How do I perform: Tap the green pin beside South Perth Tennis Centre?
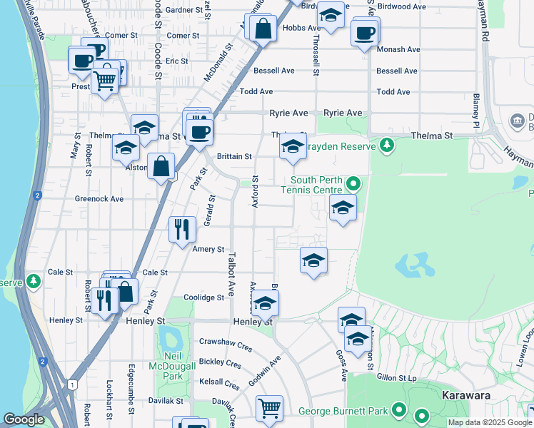click(352, 185)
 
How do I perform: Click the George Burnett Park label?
click(343, 411)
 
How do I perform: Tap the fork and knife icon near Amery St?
click(182, 228)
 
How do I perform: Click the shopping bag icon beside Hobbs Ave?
click(263, 29)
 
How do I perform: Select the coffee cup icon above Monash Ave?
click(365, 31)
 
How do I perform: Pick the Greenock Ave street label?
click(99, 199)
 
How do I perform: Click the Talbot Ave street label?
click(231, 273)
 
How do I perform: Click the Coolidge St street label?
click(204, 297)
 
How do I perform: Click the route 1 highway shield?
click(72, 384)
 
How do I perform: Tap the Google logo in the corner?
click(24, 419)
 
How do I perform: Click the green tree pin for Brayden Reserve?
click(387, 146)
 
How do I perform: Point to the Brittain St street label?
click(234, 156)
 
